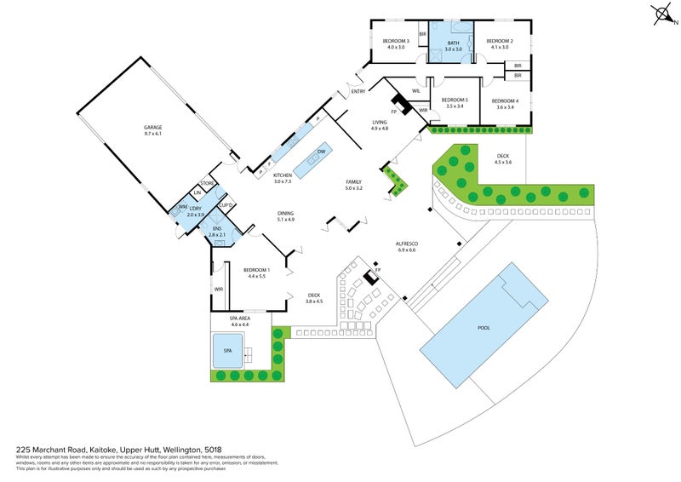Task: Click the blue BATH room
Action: [453, 46]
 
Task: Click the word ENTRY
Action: [358, 92]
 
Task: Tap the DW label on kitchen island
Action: [321, 152]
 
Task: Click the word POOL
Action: [484, 327]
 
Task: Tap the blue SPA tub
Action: [227, 350]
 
